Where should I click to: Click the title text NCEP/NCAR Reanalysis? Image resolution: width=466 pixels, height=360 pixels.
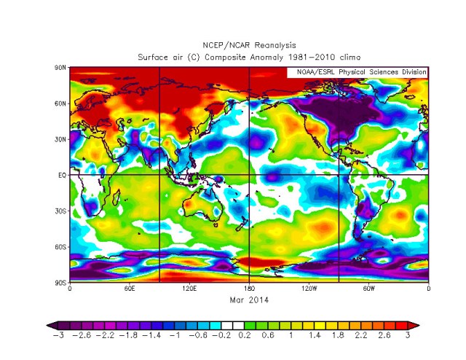coord(249,45)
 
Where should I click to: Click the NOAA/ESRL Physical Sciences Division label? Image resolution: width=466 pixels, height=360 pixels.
coord(357,72)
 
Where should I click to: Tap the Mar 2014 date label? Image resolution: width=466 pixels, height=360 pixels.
coord(249,299)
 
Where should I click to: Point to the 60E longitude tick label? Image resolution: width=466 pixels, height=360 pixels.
coord(129,289)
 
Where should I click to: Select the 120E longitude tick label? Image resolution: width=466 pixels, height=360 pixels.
coord(189,289)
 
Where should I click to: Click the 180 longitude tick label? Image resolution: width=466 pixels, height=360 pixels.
coord(249,289)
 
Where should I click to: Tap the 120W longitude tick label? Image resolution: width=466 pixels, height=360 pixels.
coord(309,289)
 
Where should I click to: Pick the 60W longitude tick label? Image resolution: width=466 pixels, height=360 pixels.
coord(368,289)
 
